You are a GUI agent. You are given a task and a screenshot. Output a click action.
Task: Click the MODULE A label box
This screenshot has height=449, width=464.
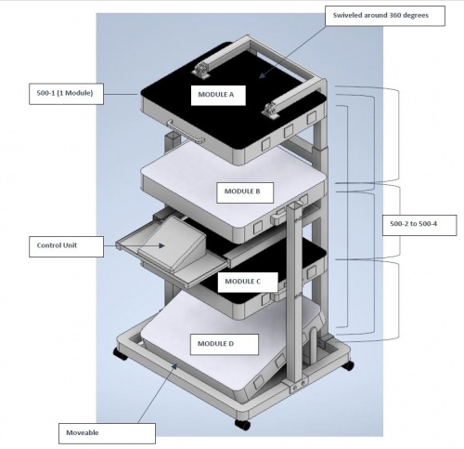218,96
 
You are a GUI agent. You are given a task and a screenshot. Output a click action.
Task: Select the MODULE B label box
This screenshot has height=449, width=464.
245,192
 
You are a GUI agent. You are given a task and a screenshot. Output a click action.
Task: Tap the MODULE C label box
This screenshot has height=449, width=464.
248,283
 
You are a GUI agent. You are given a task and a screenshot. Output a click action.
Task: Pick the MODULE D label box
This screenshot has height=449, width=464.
225,344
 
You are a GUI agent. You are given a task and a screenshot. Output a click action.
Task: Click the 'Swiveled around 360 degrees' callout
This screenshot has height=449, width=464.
385,16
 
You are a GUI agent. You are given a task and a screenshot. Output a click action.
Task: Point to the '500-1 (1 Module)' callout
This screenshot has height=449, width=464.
66,94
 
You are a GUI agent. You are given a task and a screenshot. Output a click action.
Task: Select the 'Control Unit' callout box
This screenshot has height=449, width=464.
66,246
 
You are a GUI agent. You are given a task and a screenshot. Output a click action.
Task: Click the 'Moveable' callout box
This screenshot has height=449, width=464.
107,433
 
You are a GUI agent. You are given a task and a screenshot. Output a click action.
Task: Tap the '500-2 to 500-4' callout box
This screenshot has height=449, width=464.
419,225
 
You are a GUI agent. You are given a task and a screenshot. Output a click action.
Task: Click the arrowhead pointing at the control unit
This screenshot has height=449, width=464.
161,245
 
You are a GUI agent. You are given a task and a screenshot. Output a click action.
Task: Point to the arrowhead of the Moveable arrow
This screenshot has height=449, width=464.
174,366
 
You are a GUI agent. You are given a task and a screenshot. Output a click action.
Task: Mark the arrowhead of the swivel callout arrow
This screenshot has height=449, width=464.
262,75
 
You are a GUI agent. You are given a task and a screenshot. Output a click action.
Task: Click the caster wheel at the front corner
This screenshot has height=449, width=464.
242,425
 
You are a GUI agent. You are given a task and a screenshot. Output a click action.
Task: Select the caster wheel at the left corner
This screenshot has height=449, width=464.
121,354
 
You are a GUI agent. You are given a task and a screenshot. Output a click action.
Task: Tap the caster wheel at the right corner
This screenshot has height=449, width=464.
348,365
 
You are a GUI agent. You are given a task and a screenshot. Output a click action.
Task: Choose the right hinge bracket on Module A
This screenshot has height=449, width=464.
271,110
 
